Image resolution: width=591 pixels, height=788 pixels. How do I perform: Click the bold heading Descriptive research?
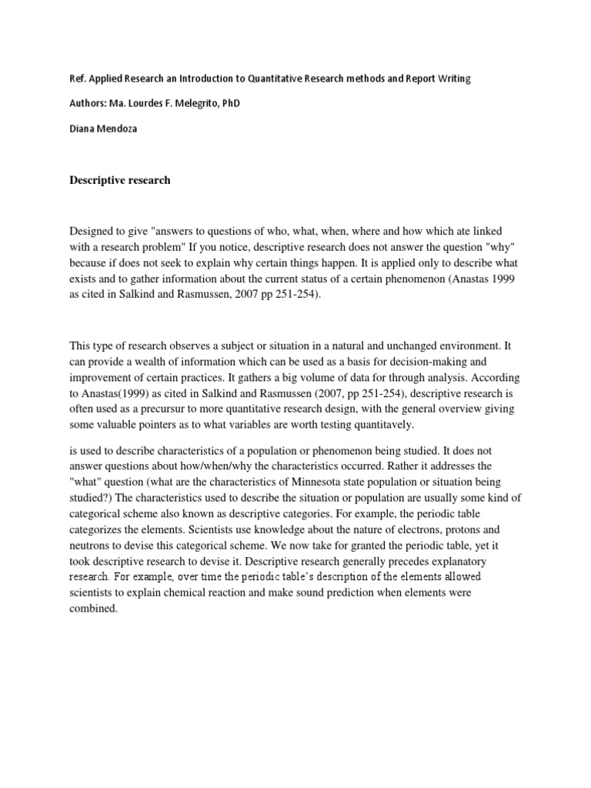120,180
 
